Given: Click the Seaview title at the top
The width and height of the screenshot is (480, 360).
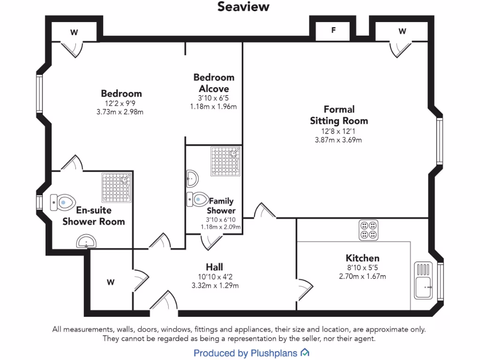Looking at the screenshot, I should click(243, 7).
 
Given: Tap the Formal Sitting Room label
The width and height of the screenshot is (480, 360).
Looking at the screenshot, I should click(338, 115).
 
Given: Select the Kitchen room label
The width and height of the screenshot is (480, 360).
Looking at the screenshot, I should click(362, 258).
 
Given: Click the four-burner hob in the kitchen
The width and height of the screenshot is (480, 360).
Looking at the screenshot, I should click(368, 230).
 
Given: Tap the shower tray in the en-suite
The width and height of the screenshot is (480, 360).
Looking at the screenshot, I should click(117, 187).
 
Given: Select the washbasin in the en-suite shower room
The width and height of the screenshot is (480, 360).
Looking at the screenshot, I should click(87, 242).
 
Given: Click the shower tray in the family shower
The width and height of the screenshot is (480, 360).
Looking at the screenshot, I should click(225, 161).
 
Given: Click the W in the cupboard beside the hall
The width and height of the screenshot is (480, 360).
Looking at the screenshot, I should click(110, 282).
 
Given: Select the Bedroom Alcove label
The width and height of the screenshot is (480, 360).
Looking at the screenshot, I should click(213, 83).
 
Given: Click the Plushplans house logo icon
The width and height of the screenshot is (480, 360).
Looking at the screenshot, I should click(305, 352).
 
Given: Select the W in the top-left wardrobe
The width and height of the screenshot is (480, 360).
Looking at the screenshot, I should click(74, 32).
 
